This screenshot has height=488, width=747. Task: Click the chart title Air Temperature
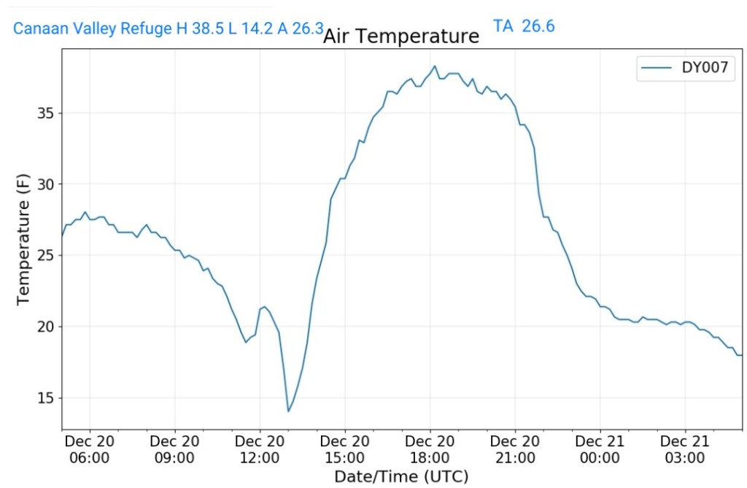tap(401, 36)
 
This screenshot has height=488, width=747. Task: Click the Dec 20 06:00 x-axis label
tap(90, 449)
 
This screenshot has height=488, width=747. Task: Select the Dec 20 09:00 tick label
tap(175, 449)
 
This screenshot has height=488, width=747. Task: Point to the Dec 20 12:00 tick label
tap(260, 449)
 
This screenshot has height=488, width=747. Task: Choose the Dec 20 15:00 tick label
tap(345, 449)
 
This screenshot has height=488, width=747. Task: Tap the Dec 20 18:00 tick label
tap(430, 449)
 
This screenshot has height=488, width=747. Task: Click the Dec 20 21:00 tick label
tap(515, 449)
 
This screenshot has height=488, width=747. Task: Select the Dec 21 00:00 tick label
tap(600, 449)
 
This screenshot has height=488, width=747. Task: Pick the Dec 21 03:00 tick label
tap(685, 449)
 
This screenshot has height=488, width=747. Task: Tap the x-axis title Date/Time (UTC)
tap(401, 476)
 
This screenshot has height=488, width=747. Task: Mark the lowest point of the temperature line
tap(288, 411)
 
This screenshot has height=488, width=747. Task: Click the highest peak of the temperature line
tap(435, 66)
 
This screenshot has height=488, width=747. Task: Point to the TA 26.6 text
tap(524, 26)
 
